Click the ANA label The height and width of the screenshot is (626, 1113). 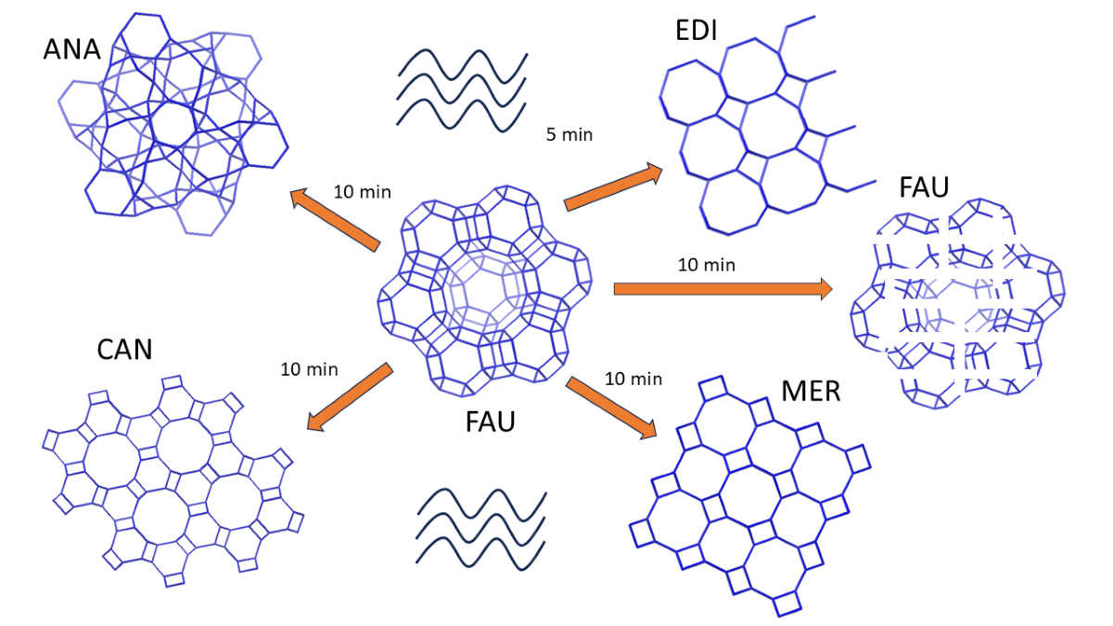[x=71, y=49]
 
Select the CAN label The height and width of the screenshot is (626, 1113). [x=124, y=350]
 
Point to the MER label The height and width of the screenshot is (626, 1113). [x=811, y=390]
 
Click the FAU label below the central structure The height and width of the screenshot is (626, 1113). [x=490, y=423]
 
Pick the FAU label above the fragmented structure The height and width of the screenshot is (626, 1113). [x=924, y=187]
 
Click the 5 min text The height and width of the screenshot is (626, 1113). [x=569, y=135]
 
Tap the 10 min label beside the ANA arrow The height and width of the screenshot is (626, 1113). [x=362, y=193]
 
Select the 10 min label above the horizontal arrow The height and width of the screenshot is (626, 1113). [x=707, y=265]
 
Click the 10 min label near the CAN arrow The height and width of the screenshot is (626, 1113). [x=309, y=369]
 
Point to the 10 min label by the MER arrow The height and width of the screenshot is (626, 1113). [x=633, y=378]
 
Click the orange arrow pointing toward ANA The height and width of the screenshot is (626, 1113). [x=336, y=221]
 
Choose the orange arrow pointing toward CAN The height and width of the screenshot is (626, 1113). [x=349, y=398]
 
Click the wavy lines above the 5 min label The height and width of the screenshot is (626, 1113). [x=461, y=88]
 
